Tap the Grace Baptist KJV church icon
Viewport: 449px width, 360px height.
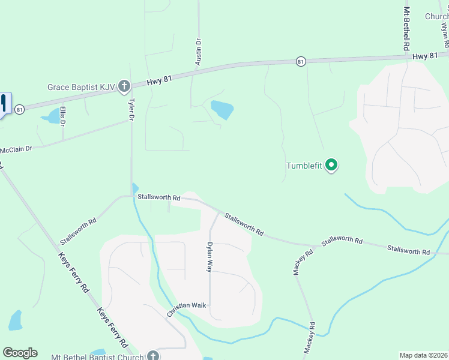click(124, 87)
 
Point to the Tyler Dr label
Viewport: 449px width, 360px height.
click(131, 109)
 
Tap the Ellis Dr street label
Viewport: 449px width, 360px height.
click(62, 116)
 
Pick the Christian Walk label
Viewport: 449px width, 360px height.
click(187, 305)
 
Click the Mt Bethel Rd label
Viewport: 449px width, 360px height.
click(406, 29)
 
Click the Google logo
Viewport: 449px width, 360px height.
click(20, 353)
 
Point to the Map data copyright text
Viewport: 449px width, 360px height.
click(423, 355)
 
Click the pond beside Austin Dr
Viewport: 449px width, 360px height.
click(221, 110)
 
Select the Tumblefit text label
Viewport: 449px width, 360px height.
click(304, 166)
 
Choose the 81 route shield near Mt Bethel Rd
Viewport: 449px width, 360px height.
click(301, 61)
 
